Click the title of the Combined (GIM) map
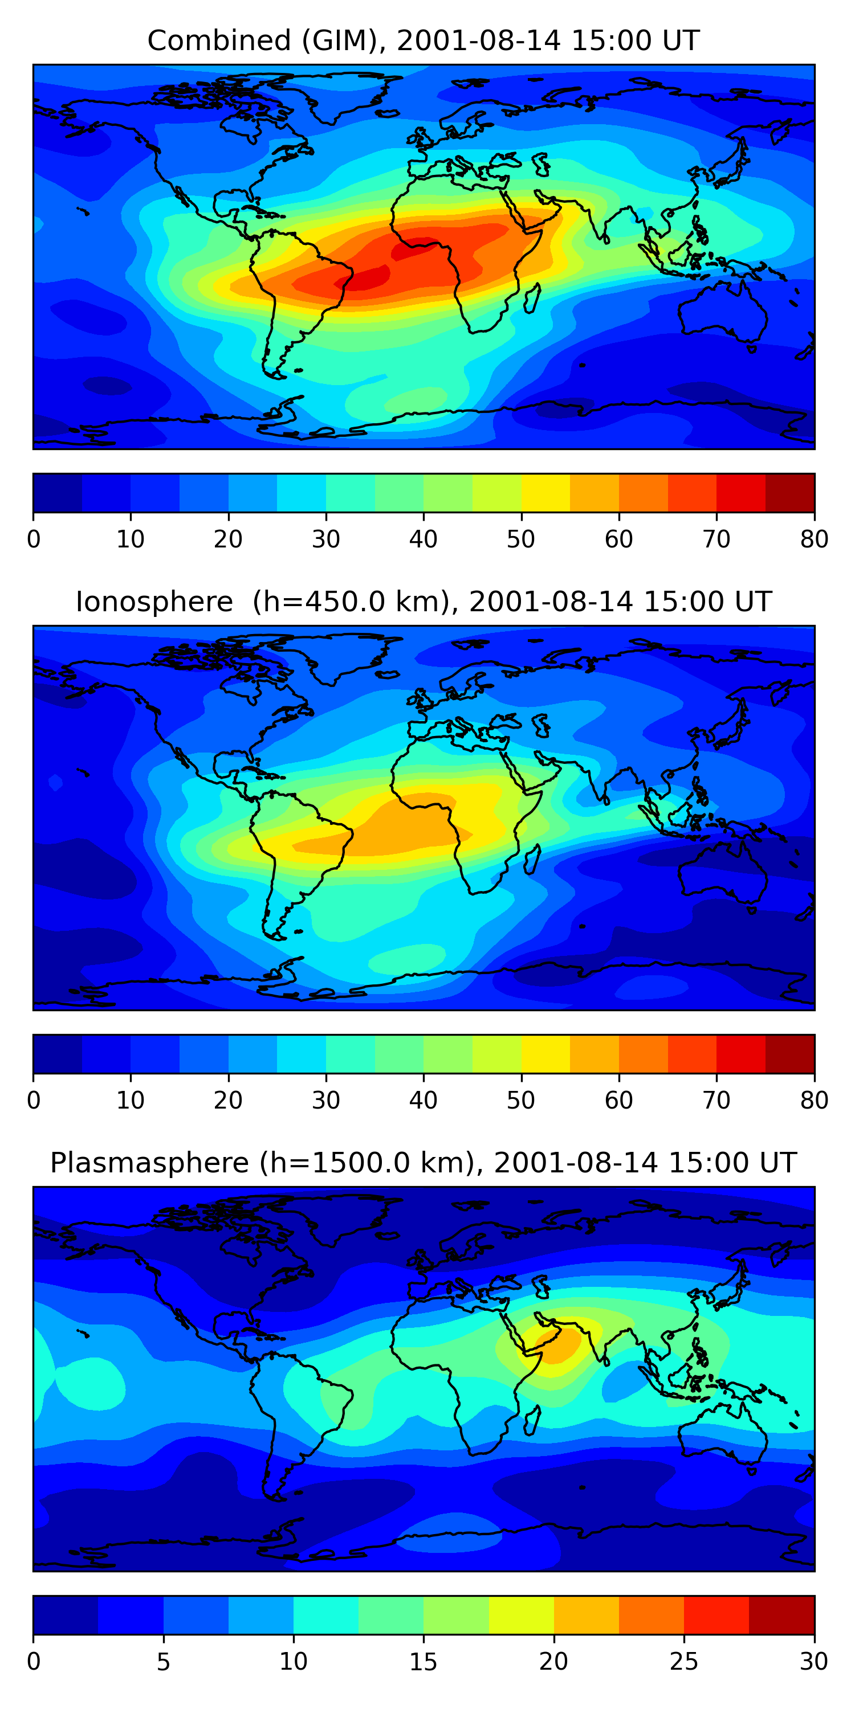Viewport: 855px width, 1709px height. pos(424,41)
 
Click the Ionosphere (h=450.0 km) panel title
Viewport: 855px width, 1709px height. pos(424,602)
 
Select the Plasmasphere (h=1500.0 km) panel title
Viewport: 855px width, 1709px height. pos(424,1163)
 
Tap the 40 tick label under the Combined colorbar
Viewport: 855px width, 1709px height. pos(424,539)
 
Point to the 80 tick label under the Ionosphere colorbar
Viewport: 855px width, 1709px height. pos(814,1101)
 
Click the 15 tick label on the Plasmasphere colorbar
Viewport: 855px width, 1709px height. pos(424,1662)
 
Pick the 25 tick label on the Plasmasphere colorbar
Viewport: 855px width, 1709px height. pos(684,1662)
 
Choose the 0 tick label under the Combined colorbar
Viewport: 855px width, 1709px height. pos(34,539)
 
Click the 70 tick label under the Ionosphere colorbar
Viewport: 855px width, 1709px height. pos(716,1101)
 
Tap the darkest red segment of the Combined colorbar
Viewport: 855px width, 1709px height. pos(790,493)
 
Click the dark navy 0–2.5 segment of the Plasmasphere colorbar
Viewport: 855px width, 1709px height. pos(66,1615)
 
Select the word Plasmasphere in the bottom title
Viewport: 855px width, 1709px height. pos(149,1163)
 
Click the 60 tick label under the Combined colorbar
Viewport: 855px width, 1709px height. pos(618,539)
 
